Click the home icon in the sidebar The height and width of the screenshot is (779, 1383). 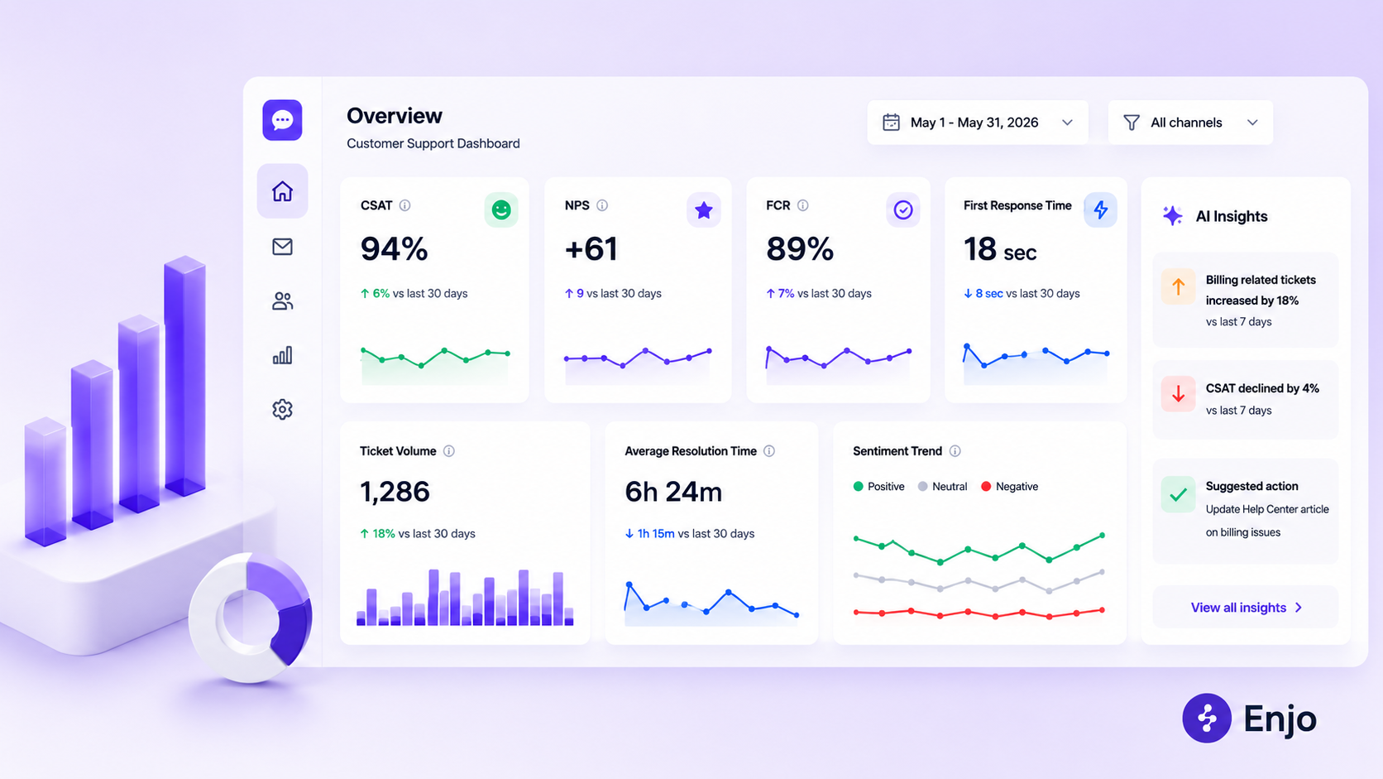tap(282, 191)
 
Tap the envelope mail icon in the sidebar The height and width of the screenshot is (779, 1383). tap(282, 247)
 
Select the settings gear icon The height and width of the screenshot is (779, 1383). tap(282, 409)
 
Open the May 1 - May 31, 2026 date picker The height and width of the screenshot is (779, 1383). tap(978, 123)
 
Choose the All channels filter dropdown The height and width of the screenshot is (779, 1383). tap(1190, 123)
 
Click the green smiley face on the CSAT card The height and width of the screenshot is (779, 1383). tap(500, 210)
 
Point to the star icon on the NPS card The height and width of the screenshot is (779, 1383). tap(703, 210)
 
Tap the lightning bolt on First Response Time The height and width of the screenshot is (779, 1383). tap(1100, 209)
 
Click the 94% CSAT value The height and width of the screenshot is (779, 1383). tap(394, 249)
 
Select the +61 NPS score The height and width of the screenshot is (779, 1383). tap(591, 249)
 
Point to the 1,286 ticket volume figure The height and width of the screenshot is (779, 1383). tap(395, 492)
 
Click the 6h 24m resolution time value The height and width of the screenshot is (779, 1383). tap(673, 492)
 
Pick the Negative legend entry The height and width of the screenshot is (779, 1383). tap(1009, 486)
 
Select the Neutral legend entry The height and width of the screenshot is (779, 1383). tap(942, 486)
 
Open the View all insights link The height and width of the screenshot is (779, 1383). tap(1246, 608)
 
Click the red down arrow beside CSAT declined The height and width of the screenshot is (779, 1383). tap(1178, 393)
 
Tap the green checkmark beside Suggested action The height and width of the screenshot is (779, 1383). tap(1178, 494)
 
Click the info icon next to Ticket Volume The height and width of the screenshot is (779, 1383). tap(449, 451)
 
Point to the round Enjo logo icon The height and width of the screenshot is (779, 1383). tap(1207, 718)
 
